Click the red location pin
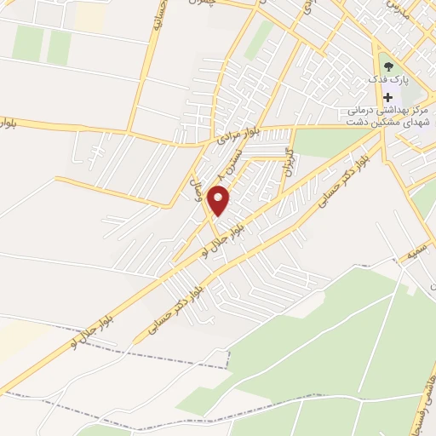click(x=220, y=200)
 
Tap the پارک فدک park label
click(x=388, y=79)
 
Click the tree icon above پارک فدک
click(x=389, y=64)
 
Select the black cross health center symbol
click(x=388, y=97)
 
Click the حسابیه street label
click(x=158, y=18)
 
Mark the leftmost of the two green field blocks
click(x=28, y=43)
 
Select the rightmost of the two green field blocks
click(x=59, y=46)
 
